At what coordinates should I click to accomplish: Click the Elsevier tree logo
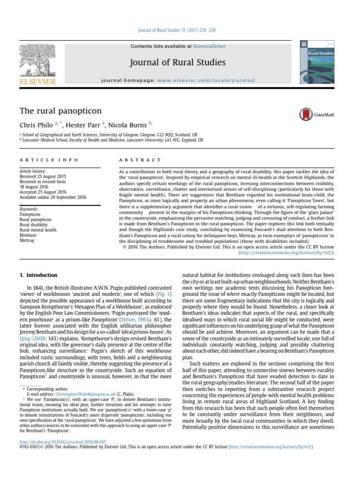click(37, 63)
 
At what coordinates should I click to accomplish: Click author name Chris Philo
click(35, 125)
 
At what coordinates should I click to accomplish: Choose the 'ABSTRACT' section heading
click(134, 160)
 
